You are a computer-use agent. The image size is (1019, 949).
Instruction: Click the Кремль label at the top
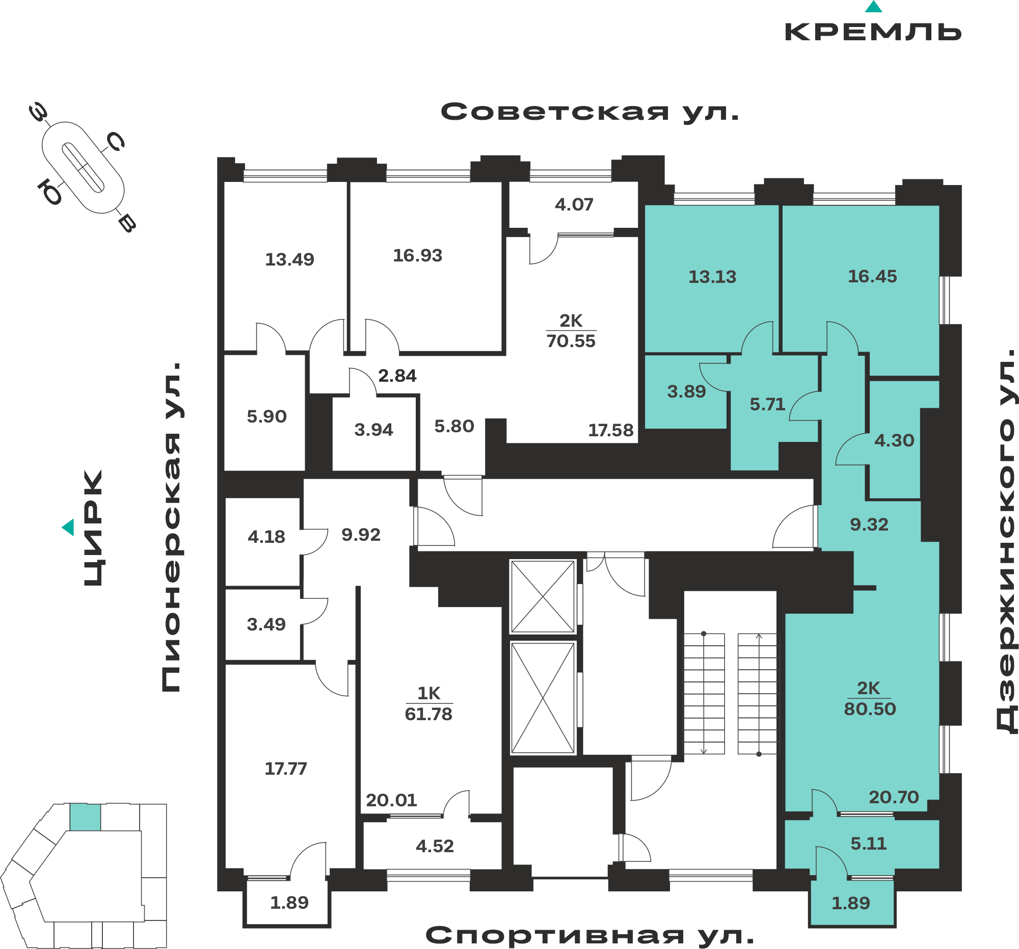873,32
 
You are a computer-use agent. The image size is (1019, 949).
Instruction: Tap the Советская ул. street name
590,112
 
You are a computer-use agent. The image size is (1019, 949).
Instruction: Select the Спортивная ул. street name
590,935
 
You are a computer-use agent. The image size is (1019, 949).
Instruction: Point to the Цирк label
93,528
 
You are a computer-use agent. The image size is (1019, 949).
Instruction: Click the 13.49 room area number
289,259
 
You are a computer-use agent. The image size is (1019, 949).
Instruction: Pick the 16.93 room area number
418,255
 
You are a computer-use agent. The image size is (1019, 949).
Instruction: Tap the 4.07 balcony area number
574,204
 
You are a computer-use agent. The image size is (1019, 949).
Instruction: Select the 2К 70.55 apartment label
571,331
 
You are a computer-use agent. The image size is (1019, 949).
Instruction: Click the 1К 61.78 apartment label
428,703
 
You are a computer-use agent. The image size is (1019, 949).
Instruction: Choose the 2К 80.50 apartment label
870,698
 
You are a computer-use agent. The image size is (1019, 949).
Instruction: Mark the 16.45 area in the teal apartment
872,276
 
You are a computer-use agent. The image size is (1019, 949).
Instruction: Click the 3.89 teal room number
686,392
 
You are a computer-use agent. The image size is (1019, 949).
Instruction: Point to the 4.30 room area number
895,440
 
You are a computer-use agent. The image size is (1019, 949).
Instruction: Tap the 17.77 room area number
285,769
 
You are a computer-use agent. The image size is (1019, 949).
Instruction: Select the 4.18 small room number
266,537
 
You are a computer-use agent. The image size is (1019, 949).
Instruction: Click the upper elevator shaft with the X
543,597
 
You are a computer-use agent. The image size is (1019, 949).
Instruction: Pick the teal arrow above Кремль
873,7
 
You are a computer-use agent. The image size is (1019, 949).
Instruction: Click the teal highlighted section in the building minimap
85,817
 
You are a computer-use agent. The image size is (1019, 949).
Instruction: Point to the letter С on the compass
115,142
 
